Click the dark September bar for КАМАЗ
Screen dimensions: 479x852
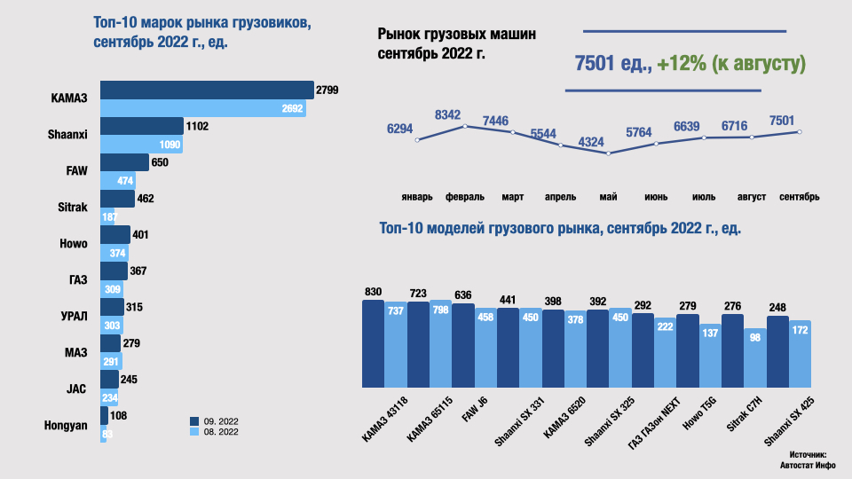pos(206,90)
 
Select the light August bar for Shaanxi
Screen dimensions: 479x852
pos(141,145)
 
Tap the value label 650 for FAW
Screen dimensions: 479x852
pos(160,162)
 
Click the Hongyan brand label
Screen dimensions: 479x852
pos(66,425)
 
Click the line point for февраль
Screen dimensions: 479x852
pos(465,126)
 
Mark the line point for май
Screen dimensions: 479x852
pos(609,153)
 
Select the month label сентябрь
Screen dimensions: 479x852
pos(799,196)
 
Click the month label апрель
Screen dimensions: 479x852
pos(561,196)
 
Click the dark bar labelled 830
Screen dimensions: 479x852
pos(373,343)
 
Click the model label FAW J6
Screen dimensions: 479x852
pos(477,414)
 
